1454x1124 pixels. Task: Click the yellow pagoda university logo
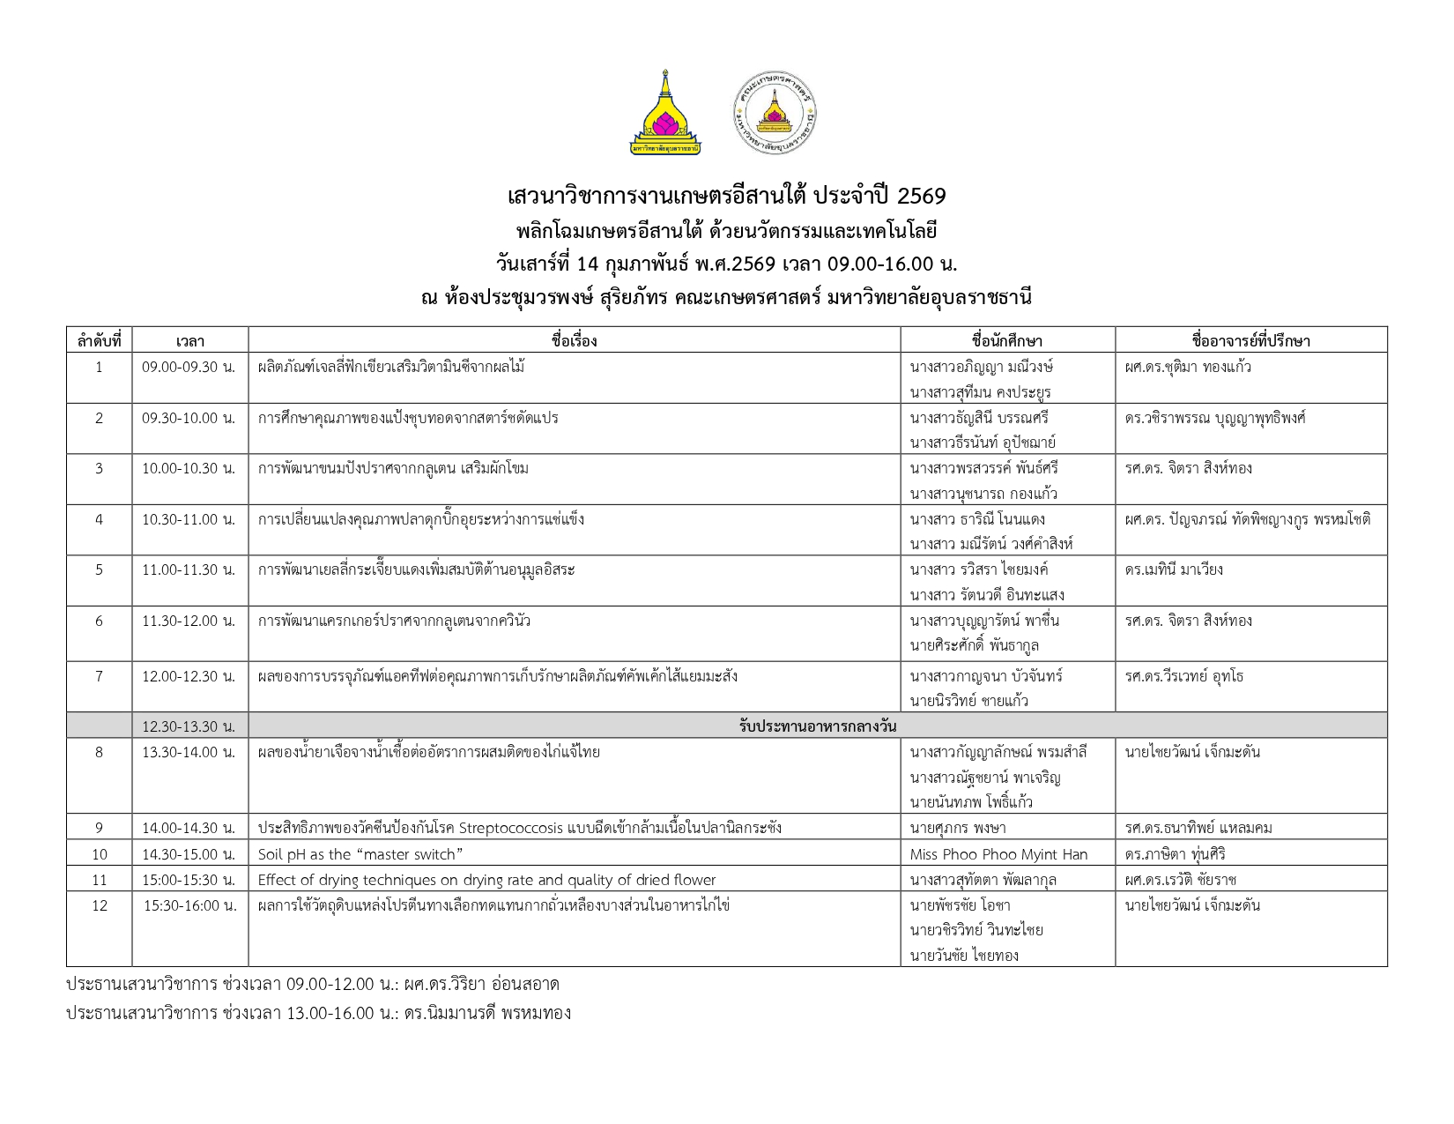pyautogui.click(x=665, y=113)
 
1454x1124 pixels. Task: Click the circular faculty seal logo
pyautogui.click(x=775, y=114)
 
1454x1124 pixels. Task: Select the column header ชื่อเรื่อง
pyautogui.click(x=574, y=340)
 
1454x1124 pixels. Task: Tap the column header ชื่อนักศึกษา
pyautogui.click(x=1007, y=340)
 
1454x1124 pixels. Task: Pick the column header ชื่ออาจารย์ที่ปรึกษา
pyautogui.click(x=1250, y=340)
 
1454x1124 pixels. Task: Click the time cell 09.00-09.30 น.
pyautogui.click(x=189, y=367)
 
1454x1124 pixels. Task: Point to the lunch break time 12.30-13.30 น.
pyautogui.click(x=189, y=726)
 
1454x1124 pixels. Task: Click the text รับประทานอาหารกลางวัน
pyautogui.click(x=817, y=726)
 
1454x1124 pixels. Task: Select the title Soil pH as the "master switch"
pyautogui.click(x=360, y=854)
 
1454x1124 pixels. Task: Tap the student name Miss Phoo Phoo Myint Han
pyautogui.click(x=998, y=854)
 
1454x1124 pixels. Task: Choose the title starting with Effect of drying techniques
pyautogui.click(x=486, y=880)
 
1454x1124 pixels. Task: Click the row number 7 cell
pyautogui.click(x=99, y=676)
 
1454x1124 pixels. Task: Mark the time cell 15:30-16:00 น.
pyautogui.click(x=190, y=905)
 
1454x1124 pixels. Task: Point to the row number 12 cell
pyautogui.click(x=99, y=905)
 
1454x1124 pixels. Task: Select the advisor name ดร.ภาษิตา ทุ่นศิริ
pyautogui.click(x=1175, y=854)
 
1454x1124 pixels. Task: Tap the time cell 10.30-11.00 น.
pyautogui.click(x=189, y=519)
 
